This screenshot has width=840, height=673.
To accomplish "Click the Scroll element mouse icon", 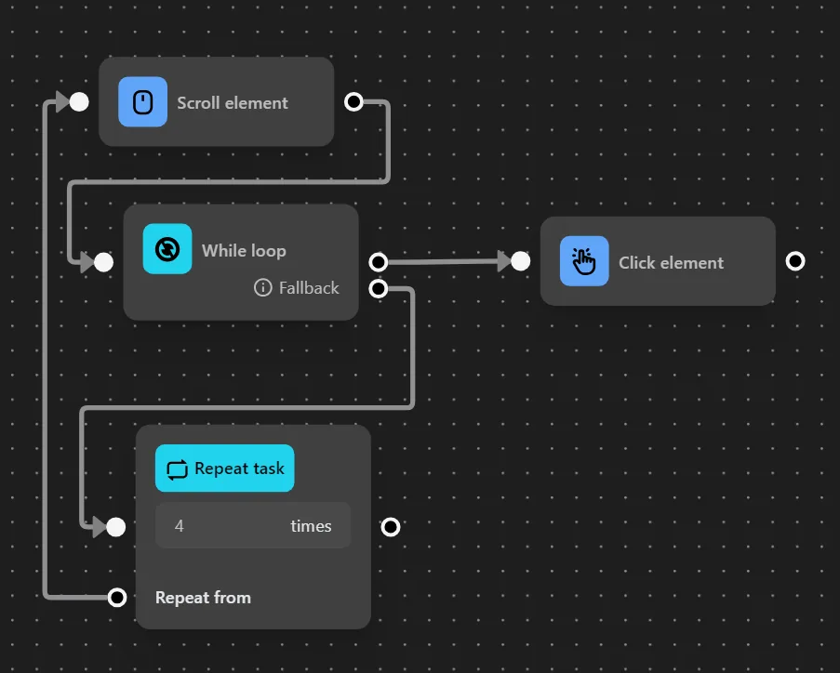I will pyautogui.click(x=142, y=101).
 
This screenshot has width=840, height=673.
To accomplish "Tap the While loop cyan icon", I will pyautogui.click(x=167, y=249).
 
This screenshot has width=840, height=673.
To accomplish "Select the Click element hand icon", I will pyautogui.click(x=584, y=261).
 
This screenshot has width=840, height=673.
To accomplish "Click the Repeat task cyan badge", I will pyautogui.click(x=224, y=468).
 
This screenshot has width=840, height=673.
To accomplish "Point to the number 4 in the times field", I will pyautogui.click(x=180, y=526).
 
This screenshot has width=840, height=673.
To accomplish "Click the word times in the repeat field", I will pyautogui.click(x=311, y=526).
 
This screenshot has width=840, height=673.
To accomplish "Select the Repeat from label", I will pyautogui.click(x=203, y=598).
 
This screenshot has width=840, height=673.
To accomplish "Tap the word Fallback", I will pyautogui.click(x=309, y=288).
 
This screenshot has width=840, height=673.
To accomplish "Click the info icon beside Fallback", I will pyautogui.click(x=263, y=288).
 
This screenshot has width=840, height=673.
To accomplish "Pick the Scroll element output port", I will pyautogui.click(x=353, y=101).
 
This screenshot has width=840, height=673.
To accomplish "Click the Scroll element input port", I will pyautogui.click(x=79, y=101).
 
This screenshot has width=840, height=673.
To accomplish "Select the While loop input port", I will pyautogui.click(x=103, y=262).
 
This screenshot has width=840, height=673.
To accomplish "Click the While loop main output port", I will pyautogui.click(x=378, y=262).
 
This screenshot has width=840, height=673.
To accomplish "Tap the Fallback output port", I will pyautogui.click(x=378, y=288).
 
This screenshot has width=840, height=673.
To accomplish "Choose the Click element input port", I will pyautogui.click(x=520, y=261).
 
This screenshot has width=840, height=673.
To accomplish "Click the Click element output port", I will pyautogui.click(x=794, y=261).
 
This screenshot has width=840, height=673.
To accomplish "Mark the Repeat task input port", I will pyautogui.click(x=115, y=527).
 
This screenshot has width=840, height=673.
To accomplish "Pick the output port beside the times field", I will pyautogui.click(x=391, y=527).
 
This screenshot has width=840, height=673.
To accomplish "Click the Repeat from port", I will pyautogui.click(x=116, y=597).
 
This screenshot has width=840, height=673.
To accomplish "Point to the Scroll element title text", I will pyautogui.click(x=233, y=103).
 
